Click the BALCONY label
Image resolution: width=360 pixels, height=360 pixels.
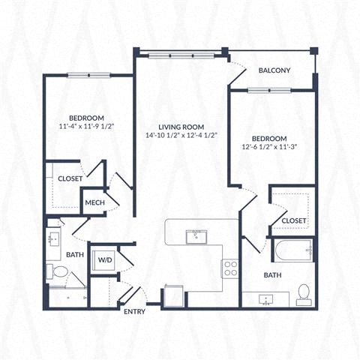(x=274, y=70)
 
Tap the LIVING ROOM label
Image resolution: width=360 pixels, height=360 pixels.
(x=182, y=127)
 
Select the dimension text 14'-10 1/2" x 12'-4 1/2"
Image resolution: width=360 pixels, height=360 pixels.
(x=182, y=136)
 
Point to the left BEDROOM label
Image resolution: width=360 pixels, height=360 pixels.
(x=86, y=118)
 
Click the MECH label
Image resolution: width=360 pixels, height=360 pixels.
(x=94, y=202)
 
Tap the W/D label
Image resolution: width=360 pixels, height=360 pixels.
(x=103, y=260)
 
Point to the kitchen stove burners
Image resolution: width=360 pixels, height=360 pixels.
(x=230, y=268)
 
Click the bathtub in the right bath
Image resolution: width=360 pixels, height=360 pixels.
(x=293, y=250)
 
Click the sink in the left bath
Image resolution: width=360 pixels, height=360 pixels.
(x=53, y=238)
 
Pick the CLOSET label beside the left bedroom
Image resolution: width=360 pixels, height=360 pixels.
(x=70, y=179)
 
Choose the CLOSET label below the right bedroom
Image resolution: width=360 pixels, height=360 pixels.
(x=294, y=220)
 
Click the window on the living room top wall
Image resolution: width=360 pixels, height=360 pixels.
(x=179, y=54)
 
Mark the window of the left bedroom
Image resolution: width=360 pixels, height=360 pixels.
(x=88, y=75)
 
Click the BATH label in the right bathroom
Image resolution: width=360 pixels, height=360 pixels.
(x=271, y=275)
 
